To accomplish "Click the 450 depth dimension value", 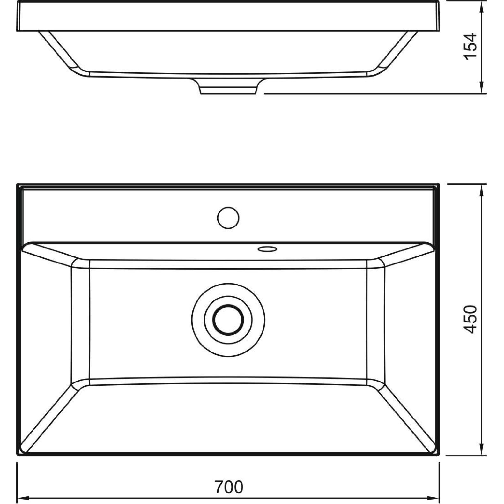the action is (x=471, y=319).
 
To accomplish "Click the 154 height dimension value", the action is (x=471, y=46).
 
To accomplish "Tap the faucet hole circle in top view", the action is (x=228, y=218).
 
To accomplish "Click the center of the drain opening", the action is (x=228, y=319).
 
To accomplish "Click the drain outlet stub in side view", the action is (x=228, y=86).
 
